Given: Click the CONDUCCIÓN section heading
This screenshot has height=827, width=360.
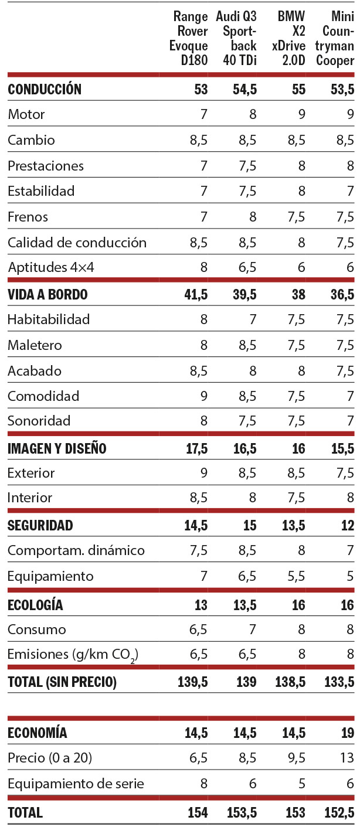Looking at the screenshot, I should [x=45, y=89].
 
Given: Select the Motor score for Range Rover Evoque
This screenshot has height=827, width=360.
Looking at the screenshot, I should [x=203, y=114].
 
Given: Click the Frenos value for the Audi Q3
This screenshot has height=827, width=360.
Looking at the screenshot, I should [x=252, y=217].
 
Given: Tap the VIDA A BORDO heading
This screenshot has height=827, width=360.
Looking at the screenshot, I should [x=47, y=294].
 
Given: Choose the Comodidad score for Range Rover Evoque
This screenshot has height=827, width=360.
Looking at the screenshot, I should [x=203, y=396].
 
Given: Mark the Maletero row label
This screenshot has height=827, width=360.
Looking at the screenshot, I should [x=35, y=345].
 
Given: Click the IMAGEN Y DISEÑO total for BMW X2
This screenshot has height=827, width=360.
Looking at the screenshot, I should [x=298, y=449].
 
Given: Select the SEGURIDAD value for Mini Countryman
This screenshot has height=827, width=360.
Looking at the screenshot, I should [x=347, y=525].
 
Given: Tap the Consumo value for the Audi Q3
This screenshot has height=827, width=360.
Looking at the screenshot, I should [x=252, y=630].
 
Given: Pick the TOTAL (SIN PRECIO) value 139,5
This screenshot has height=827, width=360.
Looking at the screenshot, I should [x=193, y=682].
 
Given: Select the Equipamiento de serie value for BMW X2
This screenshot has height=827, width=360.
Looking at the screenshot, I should [x=301, y=784].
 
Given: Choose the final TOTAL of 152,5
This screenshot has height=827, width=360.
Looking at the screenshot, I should [x=339, y=813].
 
